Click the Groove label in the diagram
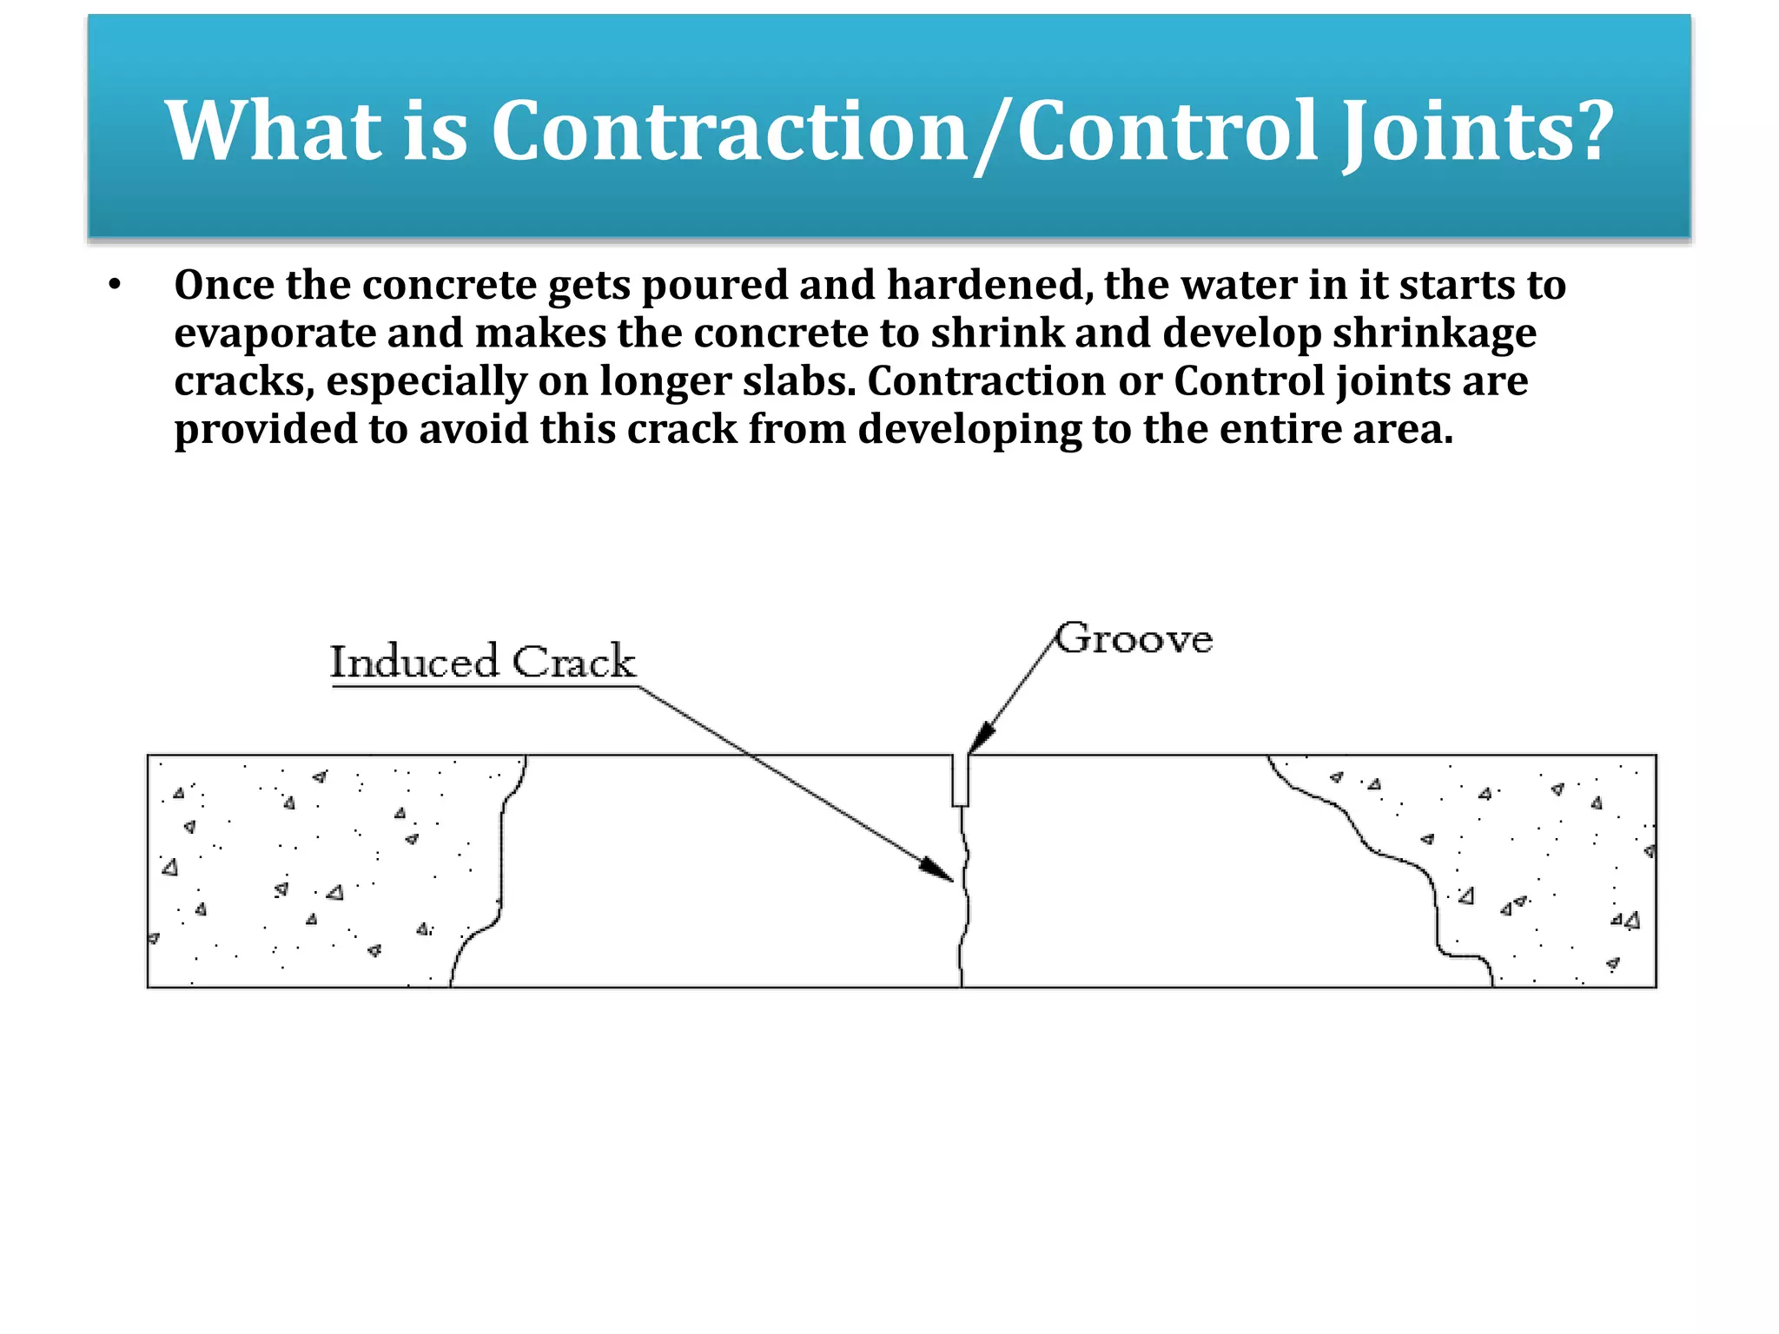click(1134, 639)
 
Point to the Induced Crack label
click(483, 662)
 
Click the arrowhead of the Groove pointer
click(979, 739)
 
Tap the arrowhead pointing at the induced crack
click(938, 870)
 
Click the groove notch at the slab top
click(960, 780)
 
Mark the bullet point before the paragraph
click(115, 285)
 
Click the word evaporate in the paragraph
click(274, 333)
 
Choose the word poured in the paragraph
click(714, 285)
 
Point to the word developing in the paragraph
click(969, 430)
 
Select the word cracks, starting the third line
click(244, 381)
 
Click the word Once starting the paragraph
click(223, 285)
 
